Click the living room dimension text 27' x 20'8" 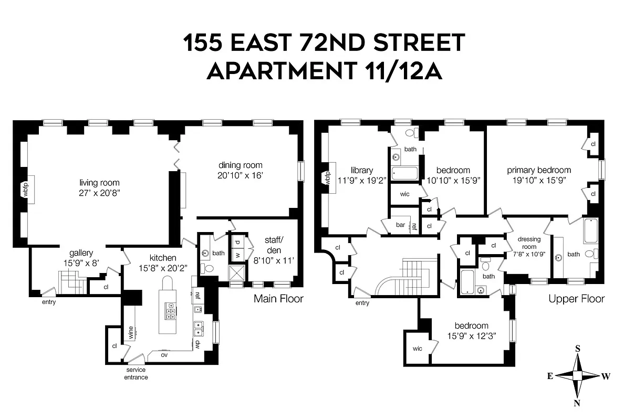[x=99, y=193]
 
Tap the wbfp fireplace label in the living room [x=24, y=189]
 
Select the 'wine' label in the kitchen [x=130, y=332]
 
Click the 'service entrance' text [x=136, y=373]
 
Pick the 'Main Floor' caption [x=278, y=299]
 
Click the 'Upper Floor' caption [x=576, y=299]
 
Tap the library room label [x=362, y=170]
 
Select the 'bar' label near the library [x=400, y=225]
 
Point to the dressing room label [x=529, y=243]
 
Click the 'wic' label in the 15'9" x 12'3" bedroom [x=418, y=348]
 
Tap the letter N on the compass [x=577, y=403]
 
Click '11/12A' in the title [x=399, y=71]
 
